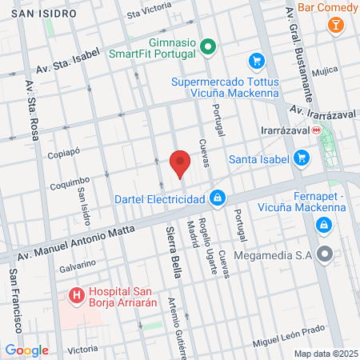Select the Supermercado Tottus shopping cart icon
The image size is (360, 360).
[256, 61]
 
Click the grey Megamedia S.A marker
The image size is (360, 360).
[324, 256]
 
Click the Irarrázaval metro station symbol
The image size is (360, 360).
[317, 129]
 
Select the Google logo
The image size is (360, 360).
[26, 350]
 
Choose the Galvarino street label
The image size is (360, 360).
[77, 263]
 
